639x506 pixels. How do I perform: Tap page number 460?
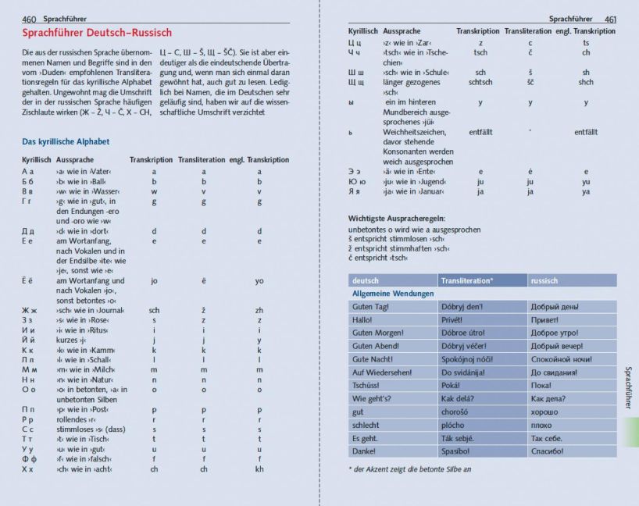tap(30, 18)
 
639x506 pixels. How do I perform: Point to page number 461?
tap(610, 18)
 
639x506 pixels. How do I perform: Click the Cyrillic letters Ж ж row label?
tap(29, 310)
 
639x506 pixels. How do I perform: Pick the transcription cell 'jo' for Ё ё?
tap(154, 281)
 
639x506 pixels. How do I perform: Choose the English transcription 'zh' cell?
tap(259, 310)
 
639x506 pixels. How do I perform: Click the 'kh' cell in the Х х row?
tap(259, 469)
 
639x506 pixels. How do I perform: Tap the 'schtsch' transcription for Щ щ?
tap(480, 82)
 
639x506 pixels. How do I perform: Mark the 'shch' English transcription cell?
tap(586, 82)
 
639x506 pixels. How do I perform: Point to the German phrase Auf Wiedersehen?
tap(382, 372)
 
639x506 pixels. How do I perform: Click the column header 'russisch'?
tap(544, 280)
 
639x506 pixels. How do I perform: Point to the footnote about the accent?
tap(410, 469)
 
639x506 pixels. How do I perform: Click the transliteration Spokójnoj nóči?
tap(467, 359)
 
